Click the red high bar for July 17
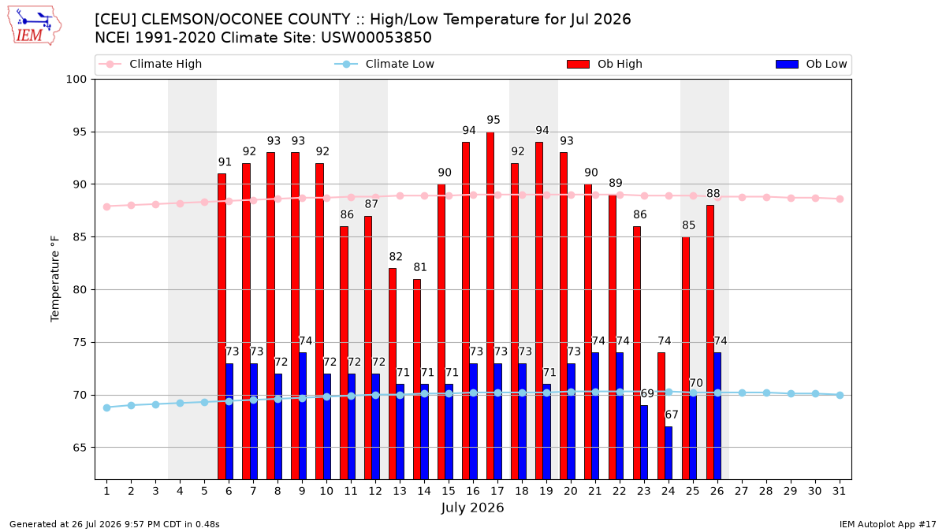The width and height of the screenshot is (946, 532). (x=490, y=306)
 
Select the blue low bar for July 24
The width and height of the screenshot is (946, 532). (x=669, y=453)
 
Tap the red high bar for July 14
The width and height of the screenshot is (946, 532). (x=417, y=379)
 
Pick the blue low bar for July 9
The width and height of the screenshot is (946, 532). (x=303, y=416)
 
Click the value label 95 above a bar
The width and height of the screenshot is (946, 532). (x=493, y=120)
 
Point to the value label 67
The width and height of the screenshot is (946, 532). (x=672, y=415)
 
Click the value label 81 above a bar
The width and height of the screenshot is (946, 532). (x=420, y=267)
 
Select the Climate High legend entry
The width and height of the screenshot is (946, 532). (x=151, y=64)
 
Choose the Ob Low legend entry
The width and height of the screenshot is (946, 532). (x=811, y=64)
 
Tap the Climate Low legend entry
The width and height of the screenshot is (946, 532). (x=385, y=64)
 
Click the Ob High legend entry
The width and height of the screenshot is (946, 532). (x=605, y=64)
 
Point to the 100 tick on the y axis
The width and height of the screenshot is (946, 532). (x=76, y=80)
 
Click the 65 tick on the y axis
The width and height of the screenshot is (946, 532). (x=80, y=448)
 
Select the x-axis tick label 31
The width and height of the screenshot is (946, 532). (x=839, y=491)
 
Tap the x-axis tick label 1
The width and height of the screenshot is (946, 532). (x=107, y=491)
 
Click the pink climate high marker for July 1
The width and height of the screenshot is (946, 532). (x=107, y=206)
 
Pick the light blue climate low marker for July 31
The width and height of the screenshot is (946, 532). (x=840, y=395)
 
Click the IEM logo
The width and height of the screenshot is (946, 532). (x=34, y=25)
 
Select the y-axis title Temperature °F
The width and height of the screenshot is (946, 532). (x=55, y=279)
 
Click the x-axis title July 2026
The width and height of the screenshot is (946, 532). (x=472, y=508)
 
